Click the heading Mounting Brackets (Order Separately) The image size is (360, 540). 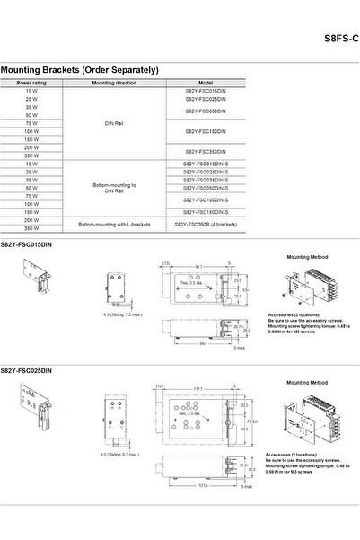click(80, 69)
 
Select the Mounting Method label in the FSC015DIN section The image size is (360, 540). click(303, 256)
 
